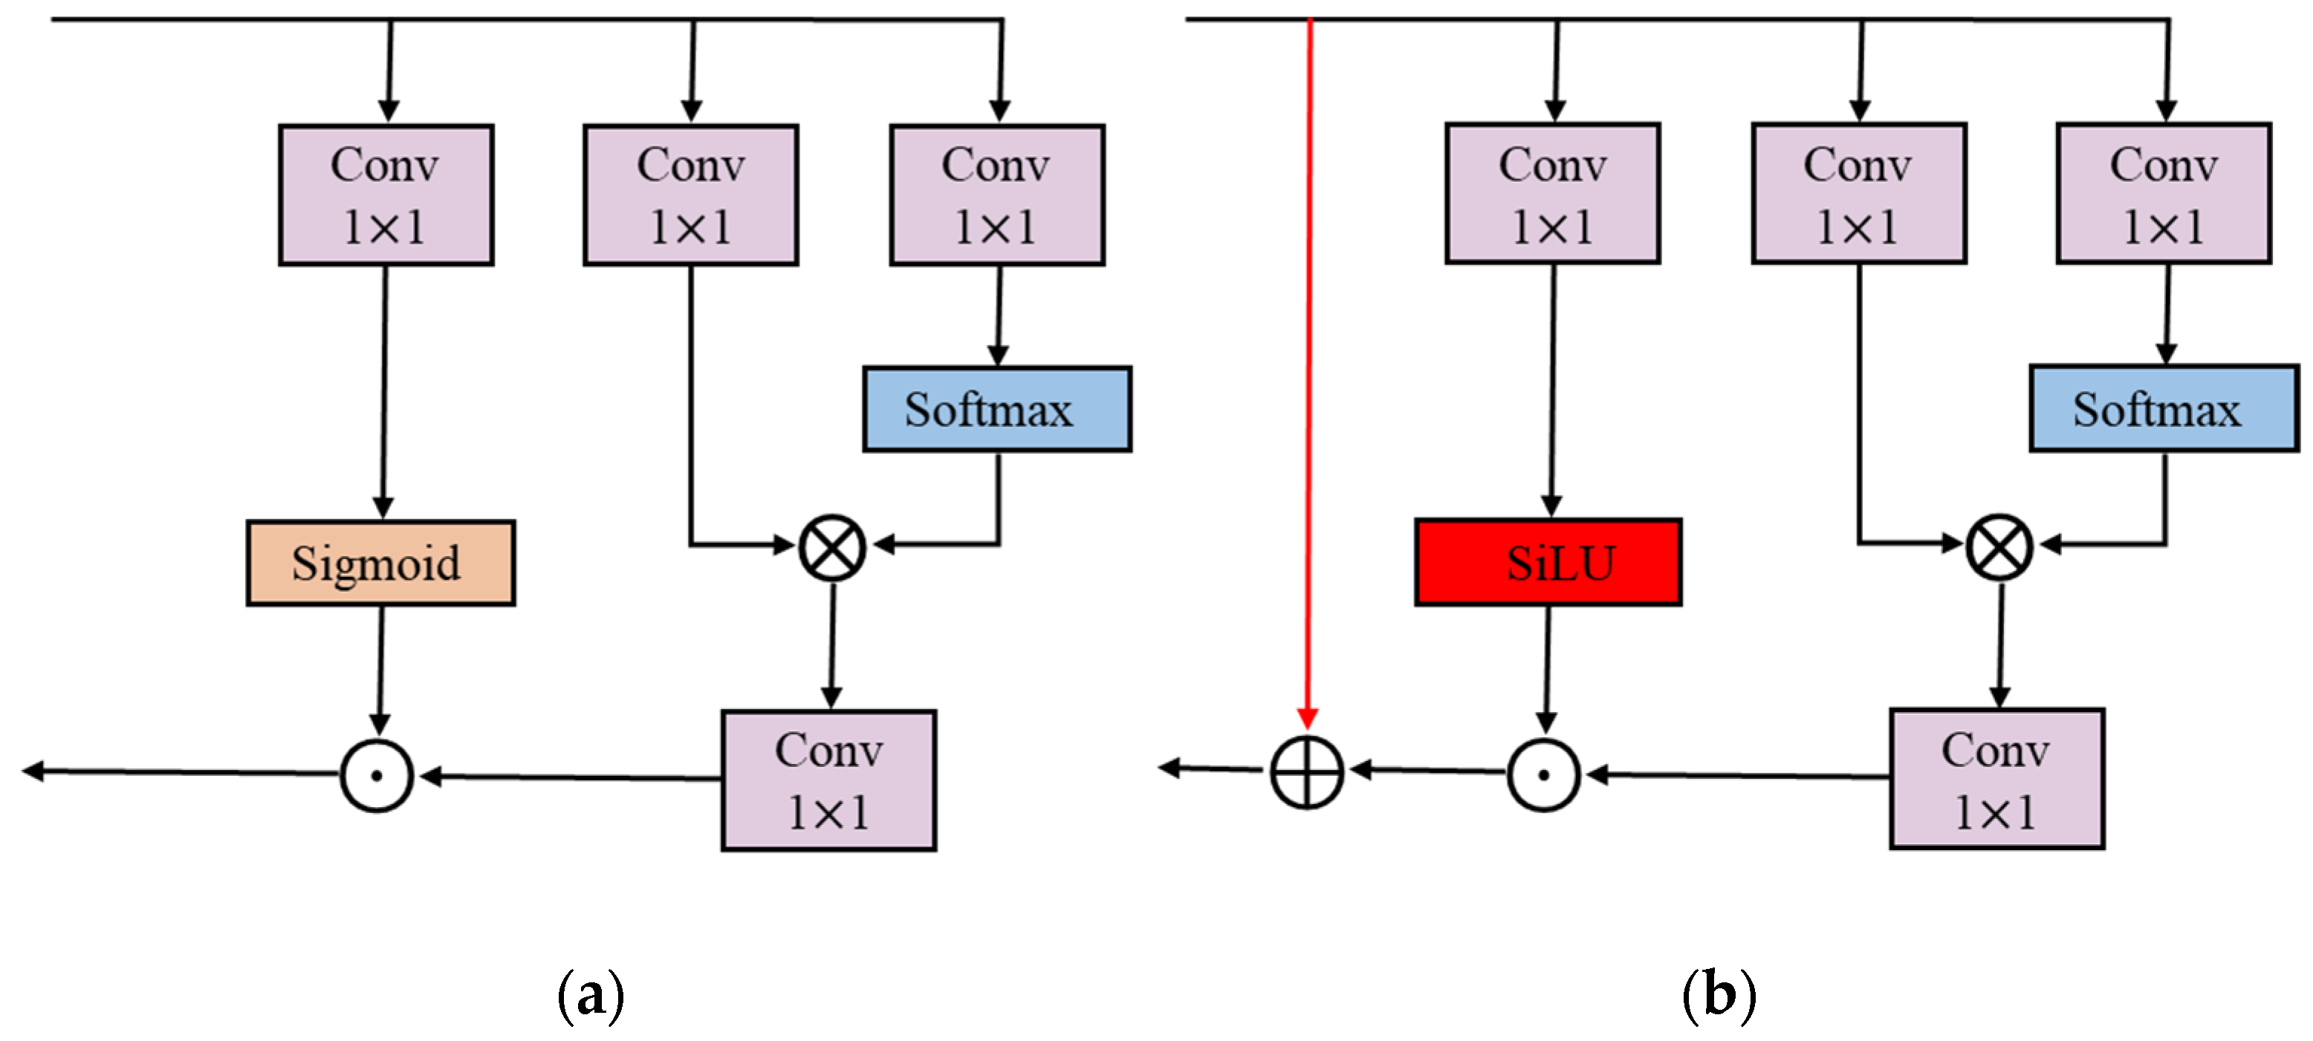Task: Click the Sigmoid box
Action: click(x=380, y=563)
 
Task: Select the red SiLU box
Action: click(x=1548, y=563)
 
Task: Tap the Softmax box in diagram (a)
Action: click(x=996, y=409)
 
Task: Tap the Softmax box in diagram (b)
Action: click(x=2164, y=409)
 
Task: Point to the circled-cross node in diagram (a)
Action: click(x=832, y=546)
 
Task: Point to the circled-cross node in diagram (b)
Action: click(x=1999, y=546)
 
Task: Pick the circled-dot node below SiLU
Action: click(x=1543, y=775)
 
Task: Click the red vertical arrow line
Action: click(x=1309, y=359)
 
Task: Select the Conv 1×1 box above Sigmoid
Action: click(x=386, y=195)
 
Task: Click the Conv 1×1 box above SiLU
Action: click(x=1552, y=194)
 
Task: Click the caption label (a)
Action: click(x=591, y=995)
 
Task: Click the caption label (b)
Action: click(x=1719, y=995)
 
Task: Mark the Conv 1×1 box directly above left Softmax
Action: click(x=996, y=195)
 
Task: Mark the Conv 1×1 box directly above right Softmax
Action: click(x=2164, y=194)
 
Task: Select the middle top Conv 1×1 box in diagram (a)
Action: click(x=690, y=195)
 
